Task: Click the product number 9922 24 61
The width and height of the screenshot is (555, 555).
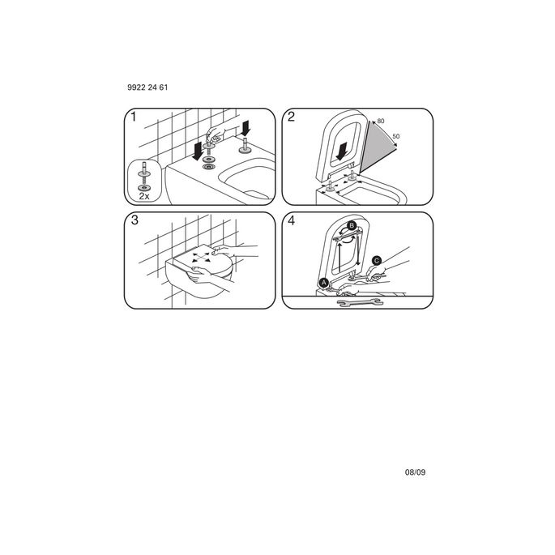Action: click(147, 87)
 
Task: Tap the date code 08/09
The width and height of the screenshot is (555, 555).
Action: click(416, 471)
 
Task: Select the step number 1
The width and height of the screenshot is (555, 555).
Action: click(134, 118)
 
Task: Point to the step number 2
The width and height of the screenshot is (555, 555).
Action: click(291, 118)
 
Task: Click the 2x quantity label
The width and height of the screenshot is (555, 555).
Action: click(144, 195)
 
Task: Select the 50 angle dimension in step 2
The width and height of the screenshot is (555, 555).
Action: click(396, 136)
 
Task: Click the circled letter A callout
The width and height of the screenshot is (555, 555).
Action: click(324, 283)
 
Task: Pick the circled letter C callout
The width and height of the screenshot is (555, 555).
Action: click(376, 261)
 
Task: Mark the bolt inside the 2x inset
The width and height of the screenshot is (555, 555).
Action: click(144, 173)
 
